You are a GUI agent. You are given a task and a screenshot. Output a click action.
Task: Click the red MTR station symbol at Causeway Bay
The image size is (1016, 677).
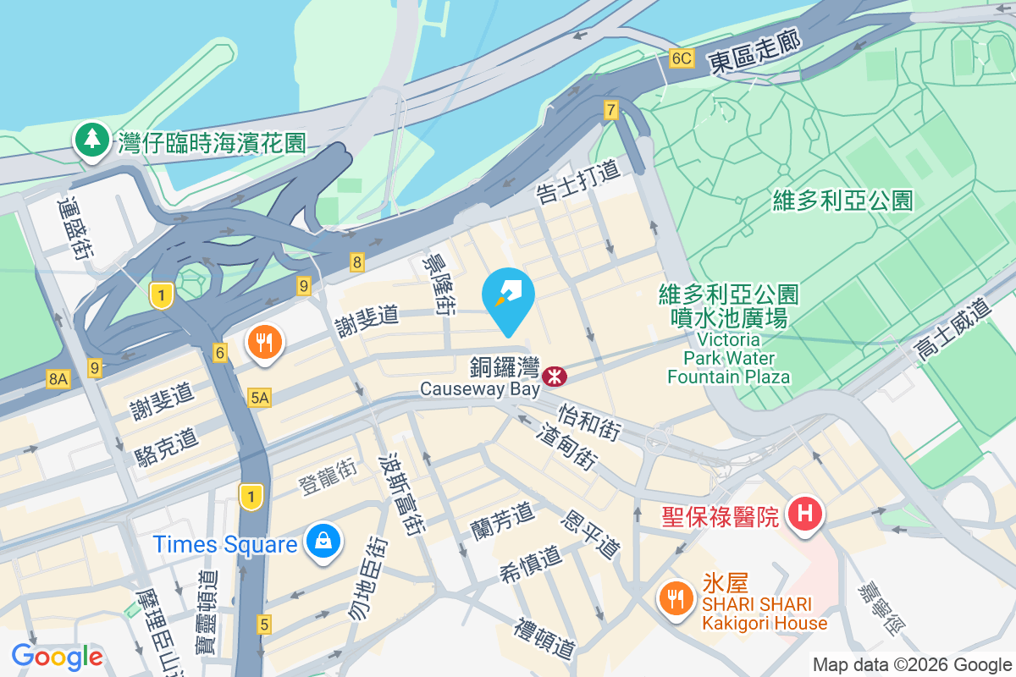(555, 374)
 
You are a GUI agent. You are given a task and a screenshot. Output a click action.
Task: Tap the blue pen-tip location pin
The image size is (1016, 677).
(507, 297)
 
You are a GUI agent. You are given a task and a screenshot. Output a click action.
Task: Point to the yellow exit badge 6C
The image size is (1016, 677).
(681, 58)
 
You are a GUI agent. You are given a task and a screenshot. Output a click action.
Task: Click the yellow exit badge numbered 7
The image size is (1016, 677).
(611, 109)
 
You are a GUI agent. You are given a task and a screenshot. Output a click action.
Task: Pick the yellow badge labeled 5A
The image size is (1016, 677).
(260, 397)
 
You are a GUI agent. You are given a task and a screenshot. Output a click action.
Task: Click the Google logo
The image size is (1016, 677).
(57, 656)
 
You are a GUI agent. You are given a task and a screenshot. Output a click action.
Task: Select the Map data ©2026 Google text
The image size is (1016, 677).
(912, 664)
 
